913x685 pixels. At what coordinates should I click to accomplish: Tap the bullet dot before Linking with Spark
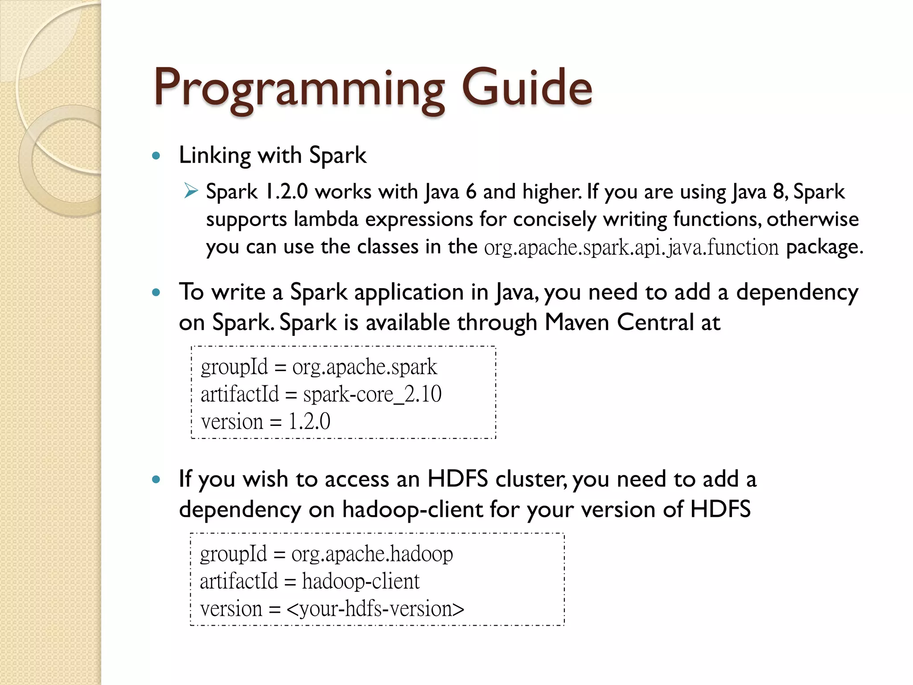click(x=156, y=156)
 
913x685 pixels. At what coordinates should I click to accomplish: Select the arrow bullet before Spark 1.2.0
click(x=191, y=192)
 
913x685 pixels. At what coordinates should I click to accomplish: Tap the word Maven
click(x=577, y=322)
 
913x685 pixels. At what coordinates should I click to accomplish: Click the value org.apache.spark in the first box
click(x=365, y=367)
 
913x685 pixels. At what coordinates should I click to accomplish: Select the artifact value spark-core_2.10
click(x=372, y=394)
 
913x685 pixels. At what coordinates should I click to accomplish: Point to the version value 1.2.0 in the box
click(x=309, y=421)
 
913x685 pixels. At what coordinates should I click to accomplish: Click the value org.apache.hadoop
click(x=372, y=554)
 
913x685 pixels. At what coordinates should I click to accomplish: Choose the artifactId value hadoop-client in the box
click(x=361, y=582)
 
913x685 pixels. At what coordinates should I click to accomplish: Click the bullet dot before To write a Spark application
click(x=156, y=293)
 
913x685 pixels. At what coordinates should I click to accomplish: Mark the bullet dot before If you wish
click(x=156, y=480)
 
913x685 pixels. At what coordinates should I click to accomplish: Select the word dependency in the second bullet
click(x=797, y=293)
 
